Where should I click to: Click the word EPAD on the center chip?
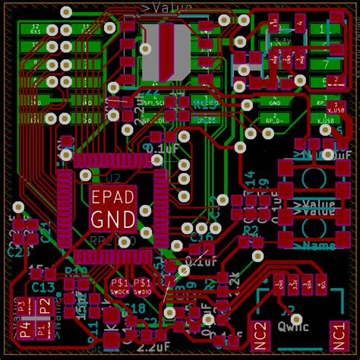point(113,197)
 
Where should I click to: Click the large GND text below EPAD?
point(113,220)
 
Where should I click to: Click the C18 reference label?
point(133,308)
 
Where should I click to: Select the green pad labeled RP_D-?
point(276,119)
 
